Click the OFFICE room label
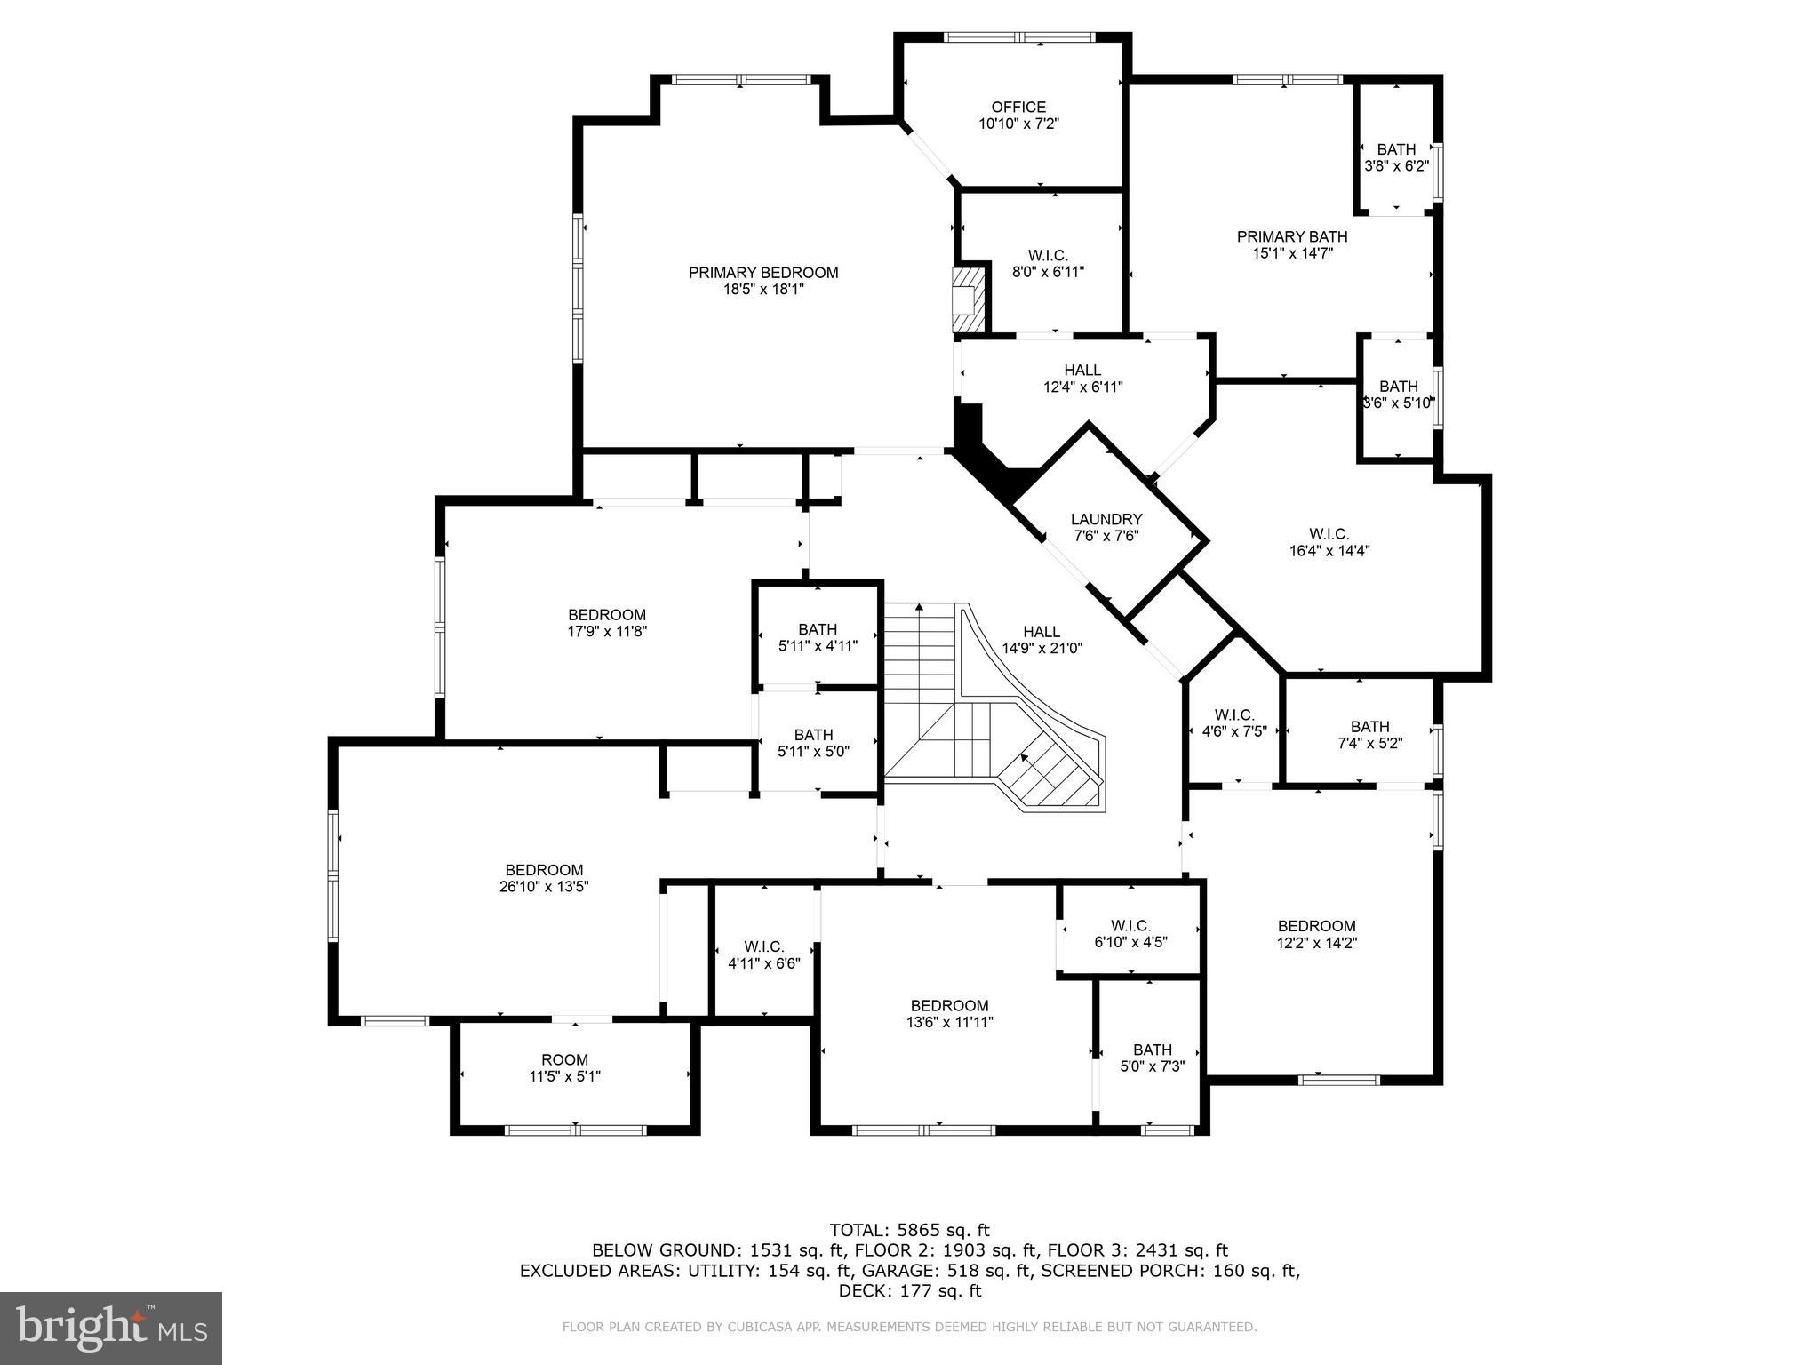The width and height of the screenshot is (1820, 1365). click(x=1018, y=108)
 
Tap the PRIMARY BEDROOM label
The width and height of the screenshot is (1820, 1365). click(x=763, y=273)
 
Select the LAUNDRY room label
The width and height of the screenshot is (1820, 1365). click(x=1106, y=520)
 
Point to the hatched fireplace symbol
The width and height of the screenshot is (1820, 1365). click(x=967, y=300)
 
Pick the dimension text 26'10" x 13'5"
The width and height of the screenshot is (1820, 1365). click(x=544, y=886)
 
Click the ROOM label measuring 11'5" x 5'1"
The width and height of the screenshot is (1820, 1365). click(x=564, y=1059)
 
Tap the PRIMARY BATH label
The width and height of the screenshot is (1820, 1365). click(x=1292, y=236)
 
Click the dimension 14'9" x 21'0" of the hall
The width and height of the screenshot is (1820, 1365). click(x=1042, y=649)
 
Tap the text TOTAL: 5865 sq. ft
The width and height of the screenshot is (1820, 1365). click(x=909, y=1231)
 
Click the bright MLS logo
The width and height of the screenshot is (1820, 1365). click(x=111, y=1328)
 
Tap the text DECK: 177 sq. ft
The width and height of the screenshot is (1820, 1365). click(x=909, y=1291)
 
